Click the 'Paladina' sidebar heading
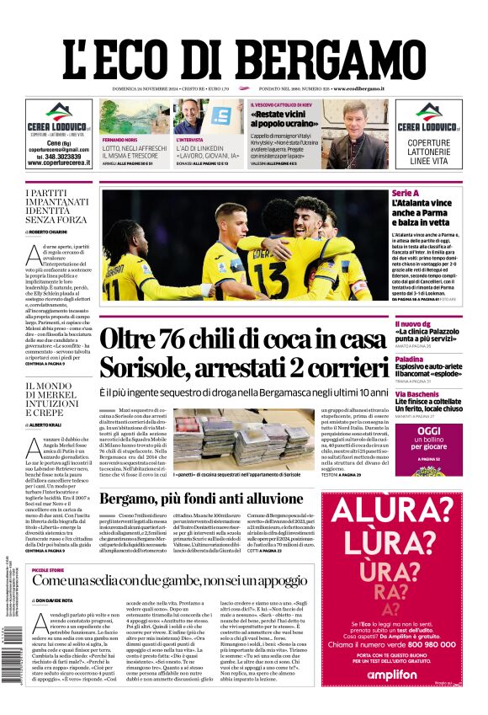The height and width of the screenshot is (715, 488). (x=410, y=359)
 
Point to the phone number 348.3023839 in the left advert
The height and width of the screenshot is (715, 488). (x=55, y=157)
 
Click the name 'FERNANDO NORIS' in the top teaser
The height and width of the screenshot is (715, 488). (x=119, y=140)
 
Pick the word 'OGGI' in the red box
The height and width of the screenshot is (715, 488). (x=428, y=431)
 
